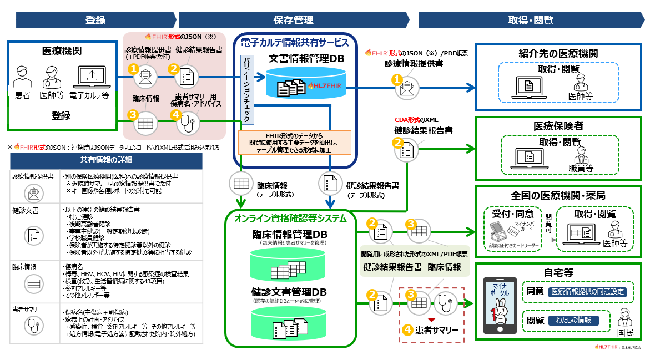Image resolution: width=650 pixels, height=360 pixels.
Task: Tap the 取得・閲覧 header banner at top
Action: coord(530,20)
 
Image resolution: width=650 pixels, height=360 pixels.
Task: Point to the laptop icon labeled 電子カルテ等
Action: coord(89,77)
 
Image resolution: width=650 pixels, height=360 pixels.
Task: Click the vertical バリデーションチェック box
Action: coord(246,89)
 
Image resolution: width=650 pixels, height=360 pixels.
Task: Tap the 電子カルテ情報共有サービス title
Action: coord(294,42)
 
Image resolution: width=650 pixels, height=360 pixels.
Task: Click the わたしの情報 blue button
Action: coord(573,321)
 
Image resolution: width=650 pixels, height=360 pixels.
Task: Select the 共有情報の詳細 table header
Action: coord(107,160)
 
